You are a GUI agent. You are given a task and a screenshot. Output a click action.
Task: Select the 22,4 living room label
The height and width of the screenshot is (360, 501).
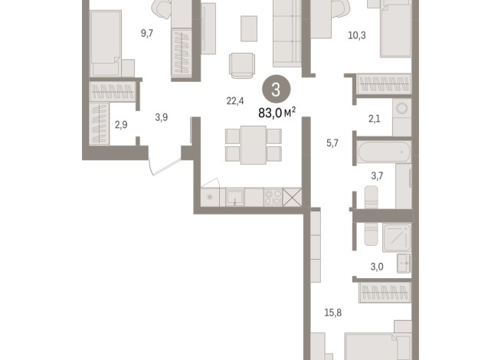click(x=234, y=99)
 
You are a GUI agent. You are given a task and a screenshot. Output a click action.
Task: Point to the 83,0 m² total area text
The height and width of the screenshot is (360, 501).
click(x=277, y=112)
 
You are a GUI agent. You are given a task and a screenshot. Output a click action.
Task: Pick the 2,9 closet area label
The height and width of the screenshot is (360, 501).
click(x=122, y=124)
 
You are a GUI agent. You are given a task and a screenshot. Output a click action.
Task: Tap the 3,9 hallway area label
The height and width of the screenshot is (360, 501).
click(x=162, y=117)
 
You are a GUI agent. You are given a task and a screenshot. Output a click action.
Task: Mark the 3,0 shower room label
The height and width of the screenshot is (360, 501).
click(x=377, y=267)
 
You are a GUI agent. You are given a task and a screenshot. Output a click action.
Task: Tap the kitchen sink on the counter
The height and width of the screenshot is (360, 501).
click(x=235, y=198)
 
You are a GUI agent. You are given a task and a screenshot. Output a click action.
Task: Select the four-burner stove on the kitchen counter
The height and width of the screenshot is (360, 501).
click(x=272, y=197)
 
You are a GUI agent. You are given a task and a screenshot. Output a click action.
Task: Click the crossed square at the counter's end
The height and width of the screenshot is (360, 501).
click(x=293, y=197)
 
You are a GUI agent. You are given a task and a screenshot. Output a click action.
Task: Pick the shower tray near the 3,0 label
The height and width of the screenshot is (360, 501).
click(x=397, y=237)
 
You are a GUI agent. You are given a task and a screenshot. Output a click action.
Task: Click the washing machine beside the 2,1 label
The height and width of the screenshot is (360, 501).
click(x=401, y=116)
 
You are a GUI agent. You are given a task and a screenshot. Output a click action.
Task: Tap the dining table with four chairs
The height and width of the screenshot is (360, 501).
click(x=254, y=145)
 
